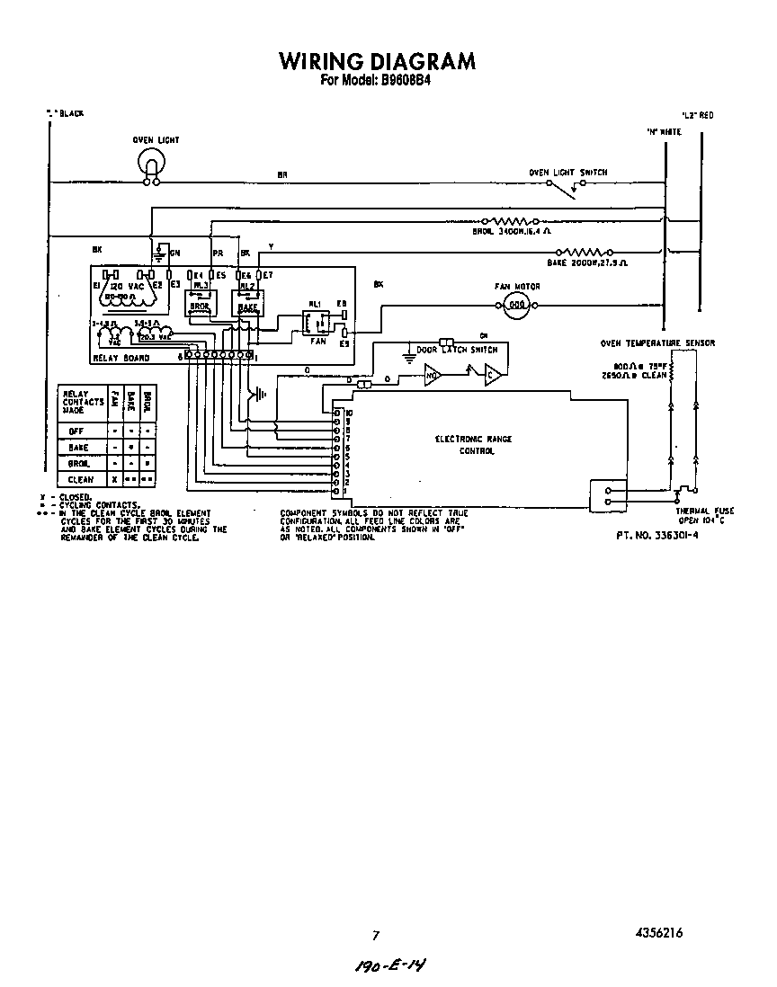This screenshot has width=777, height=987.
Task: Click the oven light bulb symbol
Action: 151,162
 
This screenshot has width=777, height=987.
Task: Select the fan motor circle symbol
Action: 516,305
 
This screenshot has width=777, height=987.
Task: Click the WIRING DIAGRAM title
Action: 377,61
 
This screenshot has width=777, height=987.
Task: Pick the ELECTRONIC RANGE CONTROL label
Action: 474,445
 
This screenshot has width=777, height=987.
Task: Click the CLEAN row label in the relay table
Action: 80,480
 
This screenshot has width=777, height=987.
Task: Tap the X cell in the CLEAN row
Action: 114,480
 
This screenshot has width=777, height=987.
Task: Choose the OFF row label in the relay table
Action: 78,431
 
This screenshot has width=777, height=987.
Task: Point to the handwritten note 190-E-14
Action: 390,965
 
